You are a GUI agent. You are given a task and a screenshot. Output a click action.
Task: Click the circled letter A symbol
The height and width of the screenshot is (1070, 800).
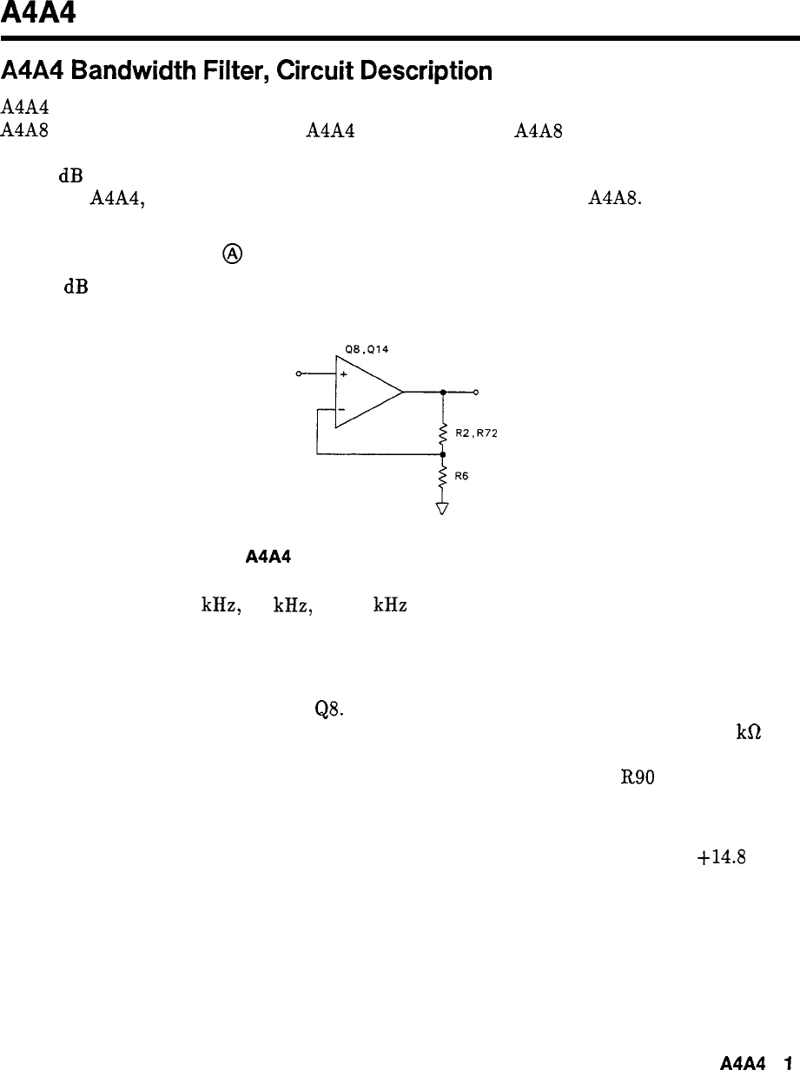tap(233, 254)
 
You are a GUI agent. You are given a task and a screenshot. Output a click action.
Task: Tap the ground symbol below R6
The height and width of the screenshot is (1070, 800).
tap(443, 508)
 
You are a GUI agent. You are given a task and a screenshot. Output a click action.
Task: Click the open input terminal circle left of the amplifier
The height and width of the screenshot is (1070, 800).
tap(300, 373)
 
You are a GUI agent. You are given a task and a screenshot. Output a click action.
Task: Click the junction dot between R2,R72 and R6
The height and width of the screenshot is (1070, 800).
tap(443, 453)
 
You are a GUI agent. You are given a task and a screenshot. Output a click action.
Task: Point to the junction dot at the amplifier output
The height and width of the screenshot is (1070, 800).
tap(443, 393)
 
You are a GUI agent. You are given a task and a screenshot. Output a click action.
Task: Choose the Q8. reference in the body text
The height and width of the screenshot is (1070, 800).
tap(331, 709)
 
